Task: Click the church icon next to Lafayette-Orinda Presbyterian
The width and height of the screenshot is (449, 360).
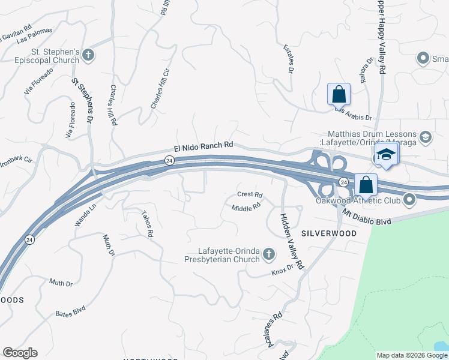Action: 269,255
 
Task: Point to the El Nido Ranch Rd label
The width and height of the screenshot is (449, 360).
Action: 203,145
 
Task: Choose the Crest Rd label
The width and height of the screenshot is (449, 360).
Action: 250,194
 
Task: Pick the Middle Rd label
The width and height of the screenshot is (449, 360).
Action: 246,206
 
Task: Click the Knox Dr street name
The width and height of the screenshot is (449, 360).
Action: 282,270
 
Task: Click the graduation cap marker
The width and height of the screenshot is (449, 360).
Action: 387,155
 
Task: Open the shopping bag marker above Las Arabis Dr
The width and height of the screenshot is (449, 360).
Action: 339,95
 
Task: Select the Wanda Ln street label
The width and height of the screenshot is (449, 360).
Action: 85,214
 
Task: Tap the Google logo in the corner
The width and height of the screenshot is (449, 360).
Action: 20,352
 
